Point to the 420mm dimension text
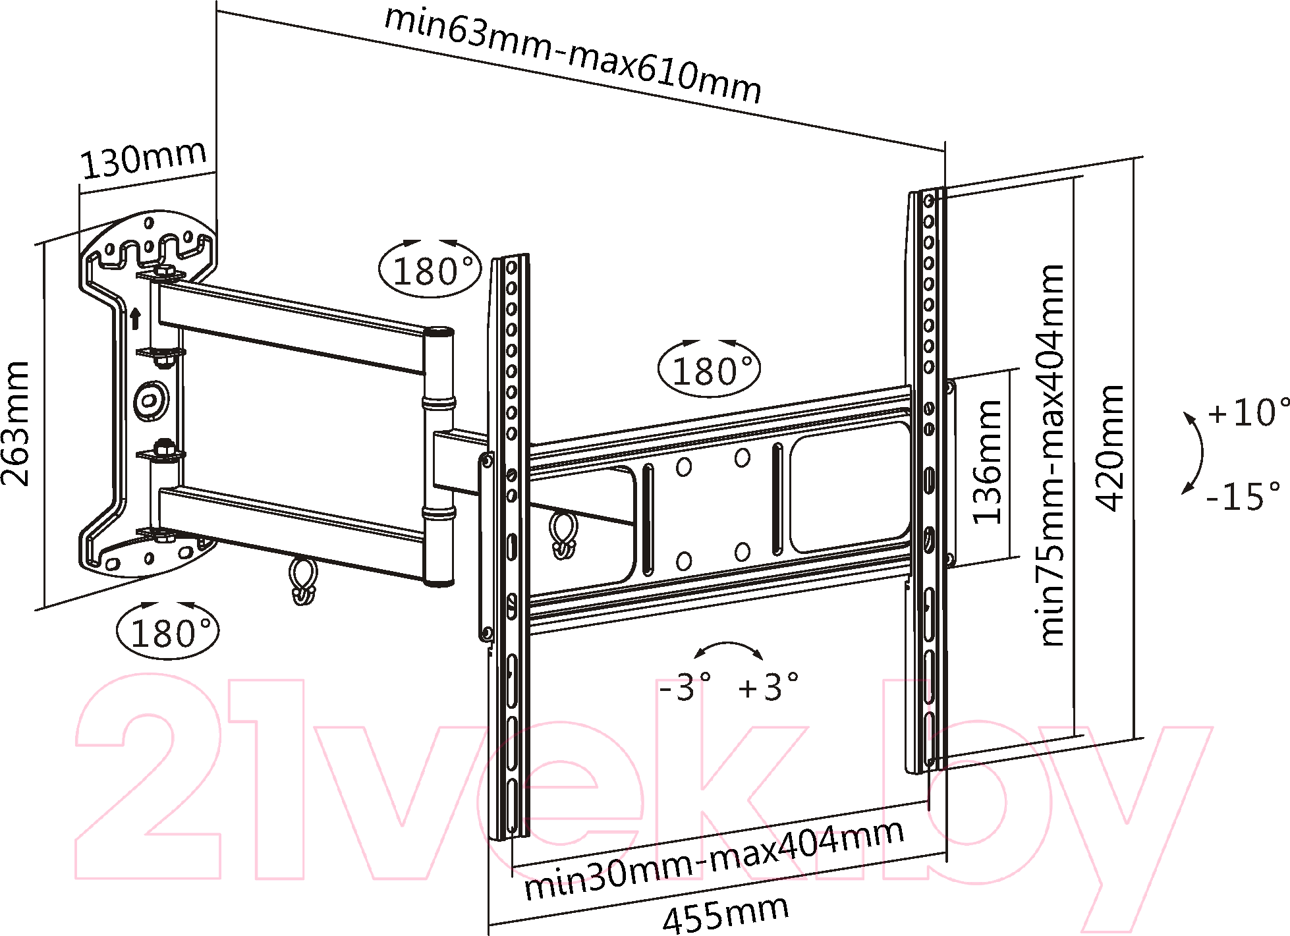(x=1109, y=448)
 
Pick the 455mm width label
(x=725, y=914)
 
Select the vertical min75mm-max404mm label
(x=1052, y=454)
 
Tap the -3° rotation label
(x=685, y=686)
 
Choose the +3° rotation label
(x=768, y=686)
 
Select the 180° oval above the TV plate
(x=709, y=370)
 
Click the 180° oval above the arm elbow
(x=430, y=269)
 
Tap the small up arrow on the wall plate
(x=135, y=318)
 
